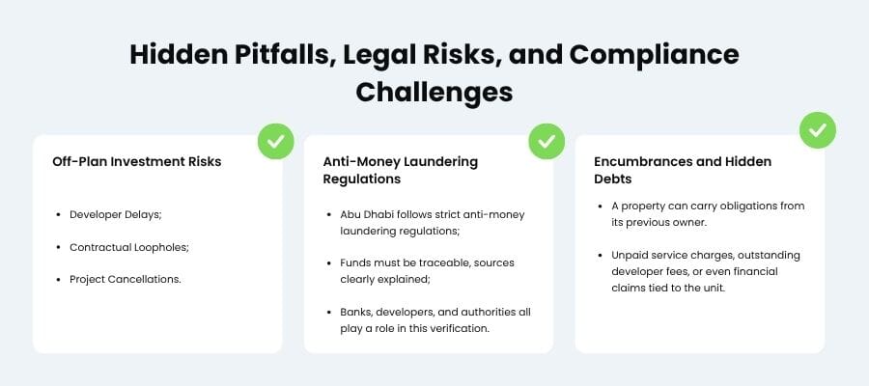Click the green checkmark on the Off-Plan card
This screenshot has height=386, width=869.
point(275,141)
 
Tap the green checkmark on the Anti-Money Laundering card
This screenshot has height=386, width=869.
point(546,141)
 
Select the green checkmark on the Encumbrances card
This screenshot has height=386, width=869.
point(817,129)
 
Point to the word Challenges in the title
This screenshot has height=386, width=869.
point(434,92)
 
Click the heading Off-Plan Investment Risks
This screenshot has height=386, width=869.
point(136,161)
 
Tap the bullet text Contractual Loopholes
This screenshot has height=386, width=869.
point(128,247)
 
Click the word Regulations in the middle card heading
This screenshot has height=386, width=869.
point(361,179)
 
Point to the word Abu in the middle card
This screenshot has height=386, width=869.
point(350,214)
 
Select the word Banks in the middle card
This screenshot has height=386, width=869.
point(356,312)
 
